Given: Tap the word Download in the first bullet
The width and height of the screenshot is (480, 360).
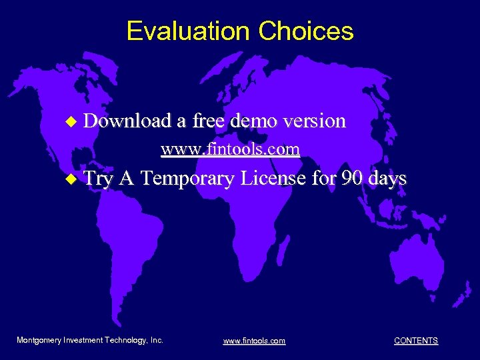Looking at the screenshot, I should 128,121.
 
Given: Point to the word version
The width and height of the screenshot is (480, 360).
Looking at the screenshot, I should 314,121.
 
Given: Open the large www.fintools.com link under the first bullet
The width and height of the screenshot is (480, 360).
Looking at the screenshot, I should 230,149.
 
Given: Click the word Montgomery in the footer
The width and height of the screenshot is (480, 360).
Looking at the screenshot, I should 39,340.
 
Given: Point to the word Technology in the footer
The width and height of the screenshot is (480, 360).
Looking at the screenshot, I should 127,340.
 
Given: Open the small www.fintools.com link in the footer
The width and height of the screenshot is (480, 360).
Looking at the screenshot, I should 254,341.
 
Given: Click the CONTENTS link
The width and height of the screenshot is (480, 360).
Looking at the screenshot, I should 416,341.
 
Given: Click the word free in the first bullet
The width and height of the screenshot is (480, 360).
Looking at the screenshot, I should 208,121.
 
